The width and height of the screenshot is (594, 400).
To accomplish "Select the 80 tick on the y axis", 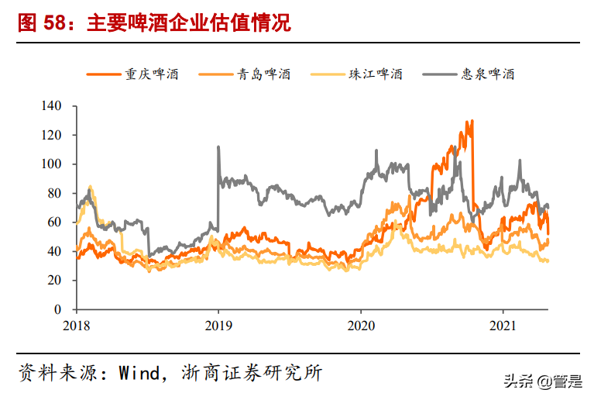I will click(x=61, y=193).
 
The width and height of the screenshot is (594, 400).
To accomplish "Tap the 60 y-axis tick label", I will click(x=61, y=222).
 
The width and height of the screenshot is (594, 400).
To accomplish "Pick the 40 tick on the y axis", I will click(x=61, y=251).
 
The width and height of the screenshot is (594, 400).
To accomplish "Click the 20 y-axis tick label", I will click(x=61, y=281).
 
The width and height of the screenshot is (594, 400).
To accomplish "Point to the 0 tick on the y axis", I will click(x=64, y=309).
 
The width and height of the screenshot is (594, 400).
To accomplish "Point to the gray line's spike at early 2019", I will click(x=218, y=147).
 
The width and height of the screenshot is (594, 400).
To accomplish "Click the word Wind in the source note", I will click(x=137, y=373).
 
